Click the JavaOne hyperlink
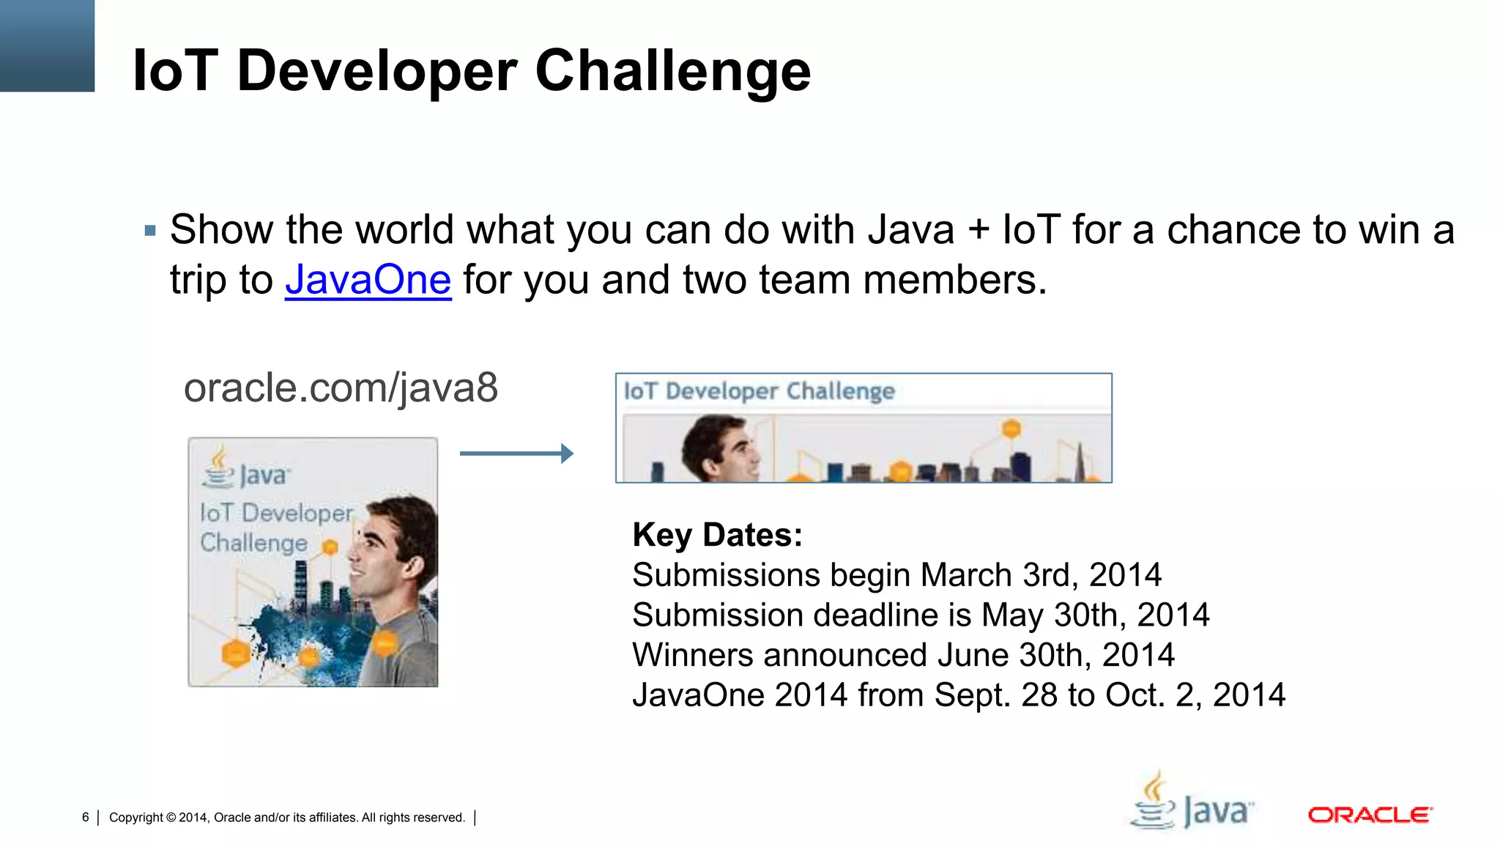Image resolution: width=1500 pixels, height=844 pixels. click(x=368, y=281)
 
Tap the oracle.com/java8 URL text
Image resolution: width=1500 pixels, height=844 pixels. click(x=341, y=388)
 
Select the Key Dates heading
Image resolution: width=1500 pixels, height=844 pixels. click(x=717, y=535)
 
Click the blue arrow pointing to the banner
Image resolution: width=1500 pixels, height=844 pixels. click(x=516, y=454)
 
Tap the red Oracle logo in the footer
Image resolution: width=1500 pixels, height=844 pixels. click(x=1370, y=815)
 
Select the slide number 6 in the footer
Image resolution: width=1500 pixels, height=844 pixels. click(x=86, y=817)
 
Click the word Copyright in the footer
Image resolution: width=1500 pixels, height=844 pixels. click(x=136, y=818)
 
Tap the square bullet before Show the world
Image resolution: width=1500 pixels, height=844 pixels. click(x=151, y=232)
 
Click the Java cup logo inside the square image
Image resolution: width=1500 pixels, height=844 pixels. click(x=218, y=467)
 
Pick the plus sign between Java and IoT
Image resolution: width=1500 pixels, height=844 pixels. click(x=979, y=231)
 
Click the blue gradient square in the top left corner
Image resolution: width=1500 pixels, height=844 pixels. click(x=47, y=45)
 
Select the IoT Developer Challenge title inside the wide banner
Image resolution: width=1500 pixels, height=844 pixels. click(x=759, y=391)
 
